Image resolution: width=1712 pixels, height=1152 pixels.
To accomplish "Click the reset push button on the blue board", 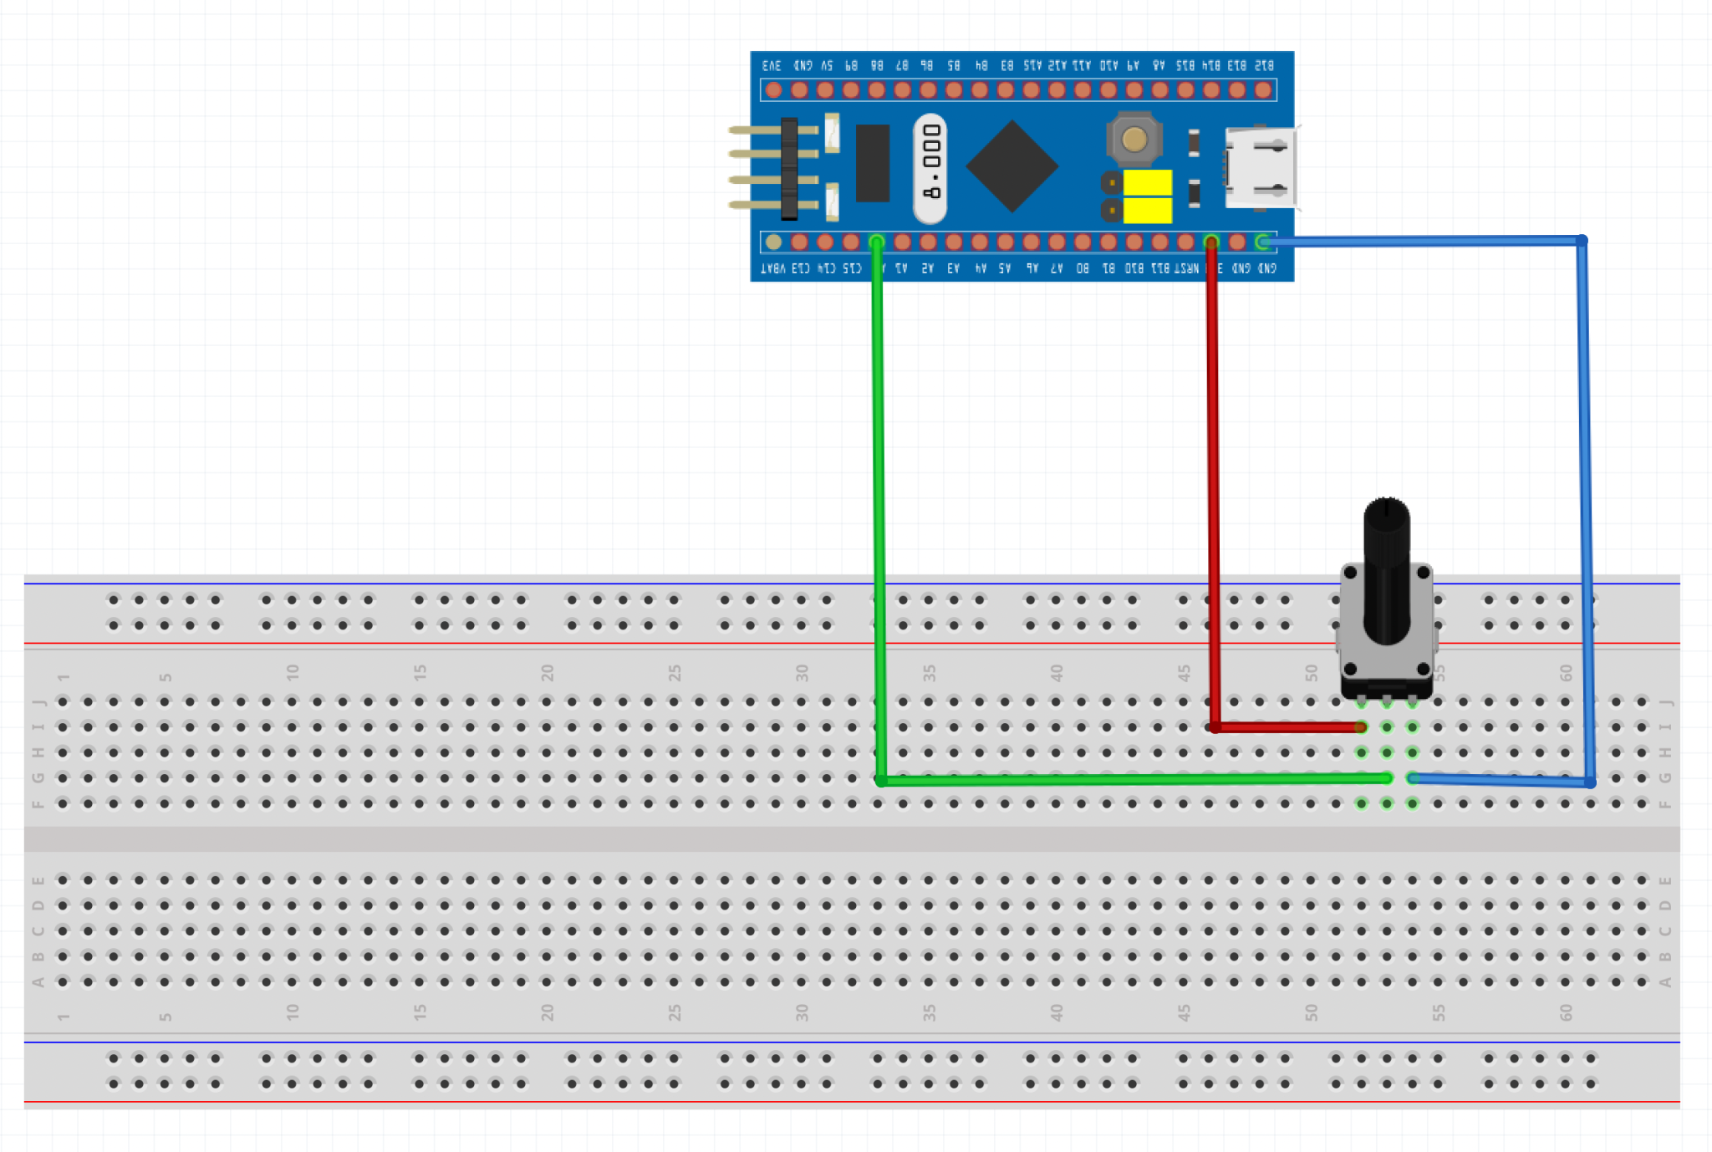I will pyautogui.click(x=1134, y=140).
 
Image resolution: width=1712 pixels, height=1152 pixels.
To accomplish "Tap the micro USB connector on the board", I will pyautogui.click(x=1261, y=168).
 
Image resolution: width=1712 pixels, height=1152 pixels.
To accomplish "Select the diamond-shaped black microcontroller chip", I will pyautogui.click(x=1011, y=166).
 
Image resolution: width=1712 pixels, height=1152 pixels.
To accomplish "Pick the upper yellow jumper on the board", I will pyautogui.click(x=1147, y=182).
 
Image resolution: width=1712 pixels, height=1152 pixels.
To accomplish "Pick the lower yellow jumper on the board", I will pyautogui.click(x=1147, y=211).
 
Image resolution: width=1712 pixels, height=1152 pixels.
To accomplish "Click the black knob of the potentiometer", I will pyautogui.click(x=1386, y=568).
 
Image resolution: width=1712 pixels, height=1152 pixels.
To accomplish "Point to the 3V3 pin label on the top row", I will pyautogui.click(x=772, y=65).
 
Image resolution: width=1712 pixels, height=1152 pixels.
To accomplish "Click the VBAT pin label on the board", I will pyautogui.click(x=773, y=268).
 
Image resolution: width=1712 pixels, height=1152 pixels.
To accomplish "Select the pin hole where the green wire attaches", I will pyautogui.click(x=876, y=242).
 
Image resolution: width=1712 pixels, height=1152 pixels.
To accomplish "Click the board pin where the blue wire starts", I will pyautogui.click(x=1263, y=242).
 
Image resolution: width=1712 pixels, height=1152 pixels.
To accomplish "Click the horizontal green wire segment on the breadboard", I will pyautogui.click(x=1129, y=780).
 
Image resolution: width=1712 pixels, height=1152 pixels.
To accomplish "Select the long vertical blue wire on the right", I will pyautogui.click(x=1585, y=502).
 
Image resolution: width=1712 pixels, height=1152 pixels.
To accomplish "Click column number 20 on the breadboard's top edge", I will pyautogui.click(x=547, y=672).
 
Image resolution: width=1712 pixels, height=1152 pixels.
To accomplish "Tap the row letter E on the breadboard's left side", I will pyautogui.click(x=38, y=880).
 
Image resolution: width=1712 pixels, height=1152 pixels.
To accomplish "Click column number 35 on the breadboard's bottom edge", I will pyautogui.click(x=929, y=1012).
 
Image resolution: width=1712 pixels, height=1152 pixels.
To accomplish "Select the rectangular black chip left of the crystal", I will pyautogui.click(x=872, y=163).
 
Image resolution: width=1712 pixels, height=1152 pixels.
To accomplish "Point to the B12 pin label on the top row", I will pyautogui.click(x=1264, y=65).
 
